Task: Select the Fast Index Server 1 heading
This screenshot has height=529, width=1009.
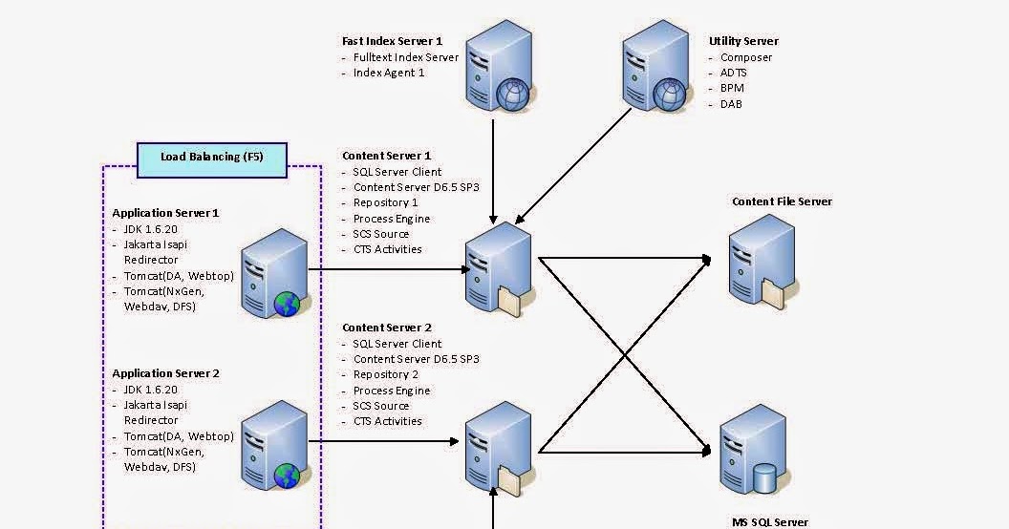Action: coord(392,41)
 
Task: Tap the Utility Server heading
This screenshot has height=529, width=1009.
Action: coord(743,41)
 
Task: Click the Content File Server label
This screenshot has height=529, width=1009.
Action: coord(782,201)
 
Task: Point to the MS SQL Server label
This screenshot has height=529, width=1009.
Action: coord(770,522)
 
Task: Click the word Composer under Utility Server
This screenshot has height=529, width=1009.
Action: coord(746,57)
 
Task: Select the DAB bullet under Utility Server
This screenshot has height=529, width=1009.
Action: coord(731,104)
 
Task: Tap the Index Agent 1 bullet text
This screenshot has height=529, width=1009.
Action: coord(389,73)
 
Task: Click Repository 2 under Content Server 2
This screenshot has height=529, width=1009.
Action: coord(385,375)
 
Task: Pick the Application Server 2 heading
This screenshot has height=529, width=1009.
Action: coord(165,373)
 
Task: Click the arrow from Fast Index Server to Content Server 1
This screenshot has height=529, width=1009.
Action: coord(493,167)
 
